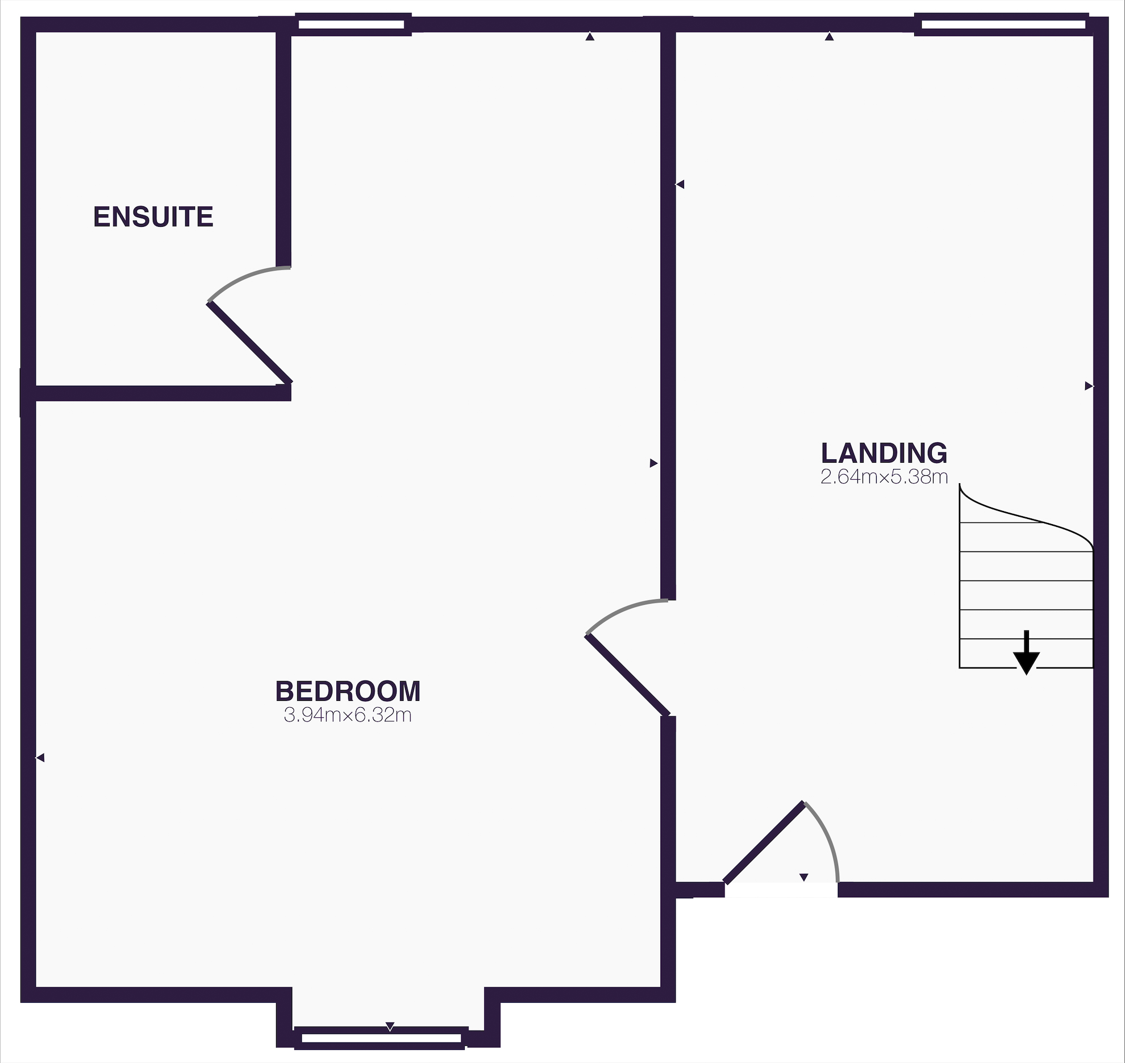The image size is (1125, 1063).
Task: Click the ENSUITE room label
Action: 153,217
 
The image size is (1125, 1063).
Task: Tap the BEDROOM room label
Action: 348,691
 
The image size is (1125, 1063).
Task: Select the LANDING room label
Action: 884,453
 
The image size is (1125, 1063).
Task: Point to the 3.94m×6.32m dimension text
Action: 348,715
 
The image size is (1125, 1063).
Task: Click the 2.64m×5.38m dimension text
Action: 884,477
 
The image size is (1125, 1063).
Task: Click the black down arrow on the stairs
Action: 1026,654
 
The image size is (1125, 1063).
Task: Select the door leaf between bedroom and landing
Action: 628,675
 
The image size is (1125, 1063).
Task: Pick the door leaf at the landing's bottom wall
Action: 764,842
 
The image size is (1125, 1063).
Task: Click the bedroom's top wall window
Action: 352,24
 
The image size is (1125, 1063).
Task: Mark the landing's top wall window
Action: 1003,24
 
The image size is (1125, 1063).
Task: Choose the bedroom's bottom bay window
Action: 381,1039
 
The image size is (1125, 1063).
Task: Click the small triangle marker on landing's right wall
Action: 1089,387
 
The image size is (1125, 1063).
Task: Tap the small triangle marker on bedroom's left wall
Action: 40,758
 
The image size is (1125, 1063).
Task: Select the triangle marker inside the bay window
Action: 390,1027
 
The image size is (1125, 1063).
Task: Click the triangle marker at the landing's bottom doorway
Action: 803,877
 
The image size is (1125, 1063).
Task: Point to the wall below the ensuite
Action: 159,393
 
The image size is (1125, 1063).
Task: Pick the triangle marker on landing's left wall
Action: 680,184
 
